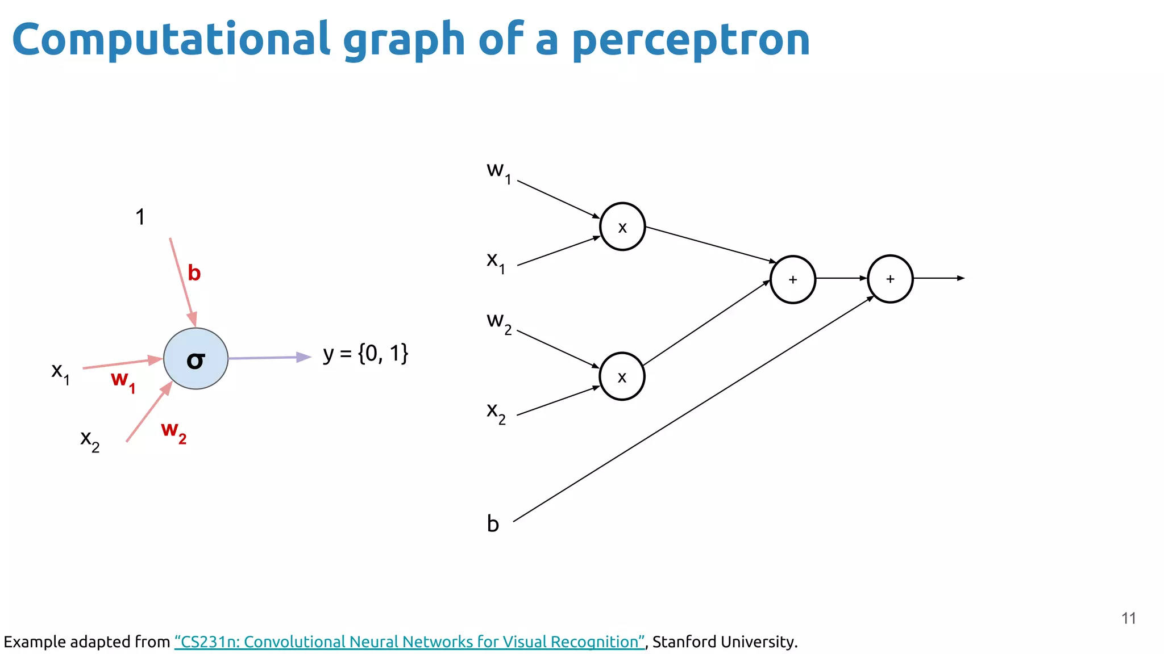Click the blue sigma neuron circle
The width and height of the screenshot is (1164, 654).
(x=196, y=358)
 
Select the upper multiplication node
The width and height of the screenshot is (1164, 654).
(x=622, y=227)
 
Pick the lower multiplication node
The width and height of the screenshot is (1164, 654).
(x=622, y=376)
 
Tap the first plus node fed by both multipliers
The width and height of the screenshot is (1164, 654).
(x=792, y=279)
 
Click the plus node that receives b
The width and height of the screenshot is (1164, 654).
(x=890, y=279)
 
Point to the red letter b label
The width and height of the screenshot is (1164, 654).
(x=194, y=273)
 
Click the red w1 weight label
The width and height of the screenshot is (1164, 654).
(x=123, y=380)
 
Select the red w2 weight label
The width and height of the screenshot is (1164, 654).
(x=173, y=431)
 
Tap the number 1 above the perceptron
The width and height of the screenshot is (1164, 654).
(x=140, y=217)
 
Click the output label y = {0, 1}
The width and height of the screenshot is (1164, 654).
(x=365, y=354)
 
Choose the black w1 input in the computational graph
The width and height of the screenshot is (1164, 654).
(x=498, y=171)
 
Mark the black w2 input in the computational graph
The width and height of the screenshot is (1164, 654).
(x=498, y=322)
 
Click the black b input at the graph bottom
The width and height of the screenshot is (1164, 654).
(x=493, y=523)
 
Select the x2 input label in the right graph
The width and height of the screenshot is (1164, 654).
(x=496, y=412)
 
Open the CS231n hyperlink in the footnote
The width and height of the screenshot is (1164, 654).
(x=409, y=642)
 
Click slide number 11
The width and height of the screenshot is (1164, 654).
(x=1128, y=618)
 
